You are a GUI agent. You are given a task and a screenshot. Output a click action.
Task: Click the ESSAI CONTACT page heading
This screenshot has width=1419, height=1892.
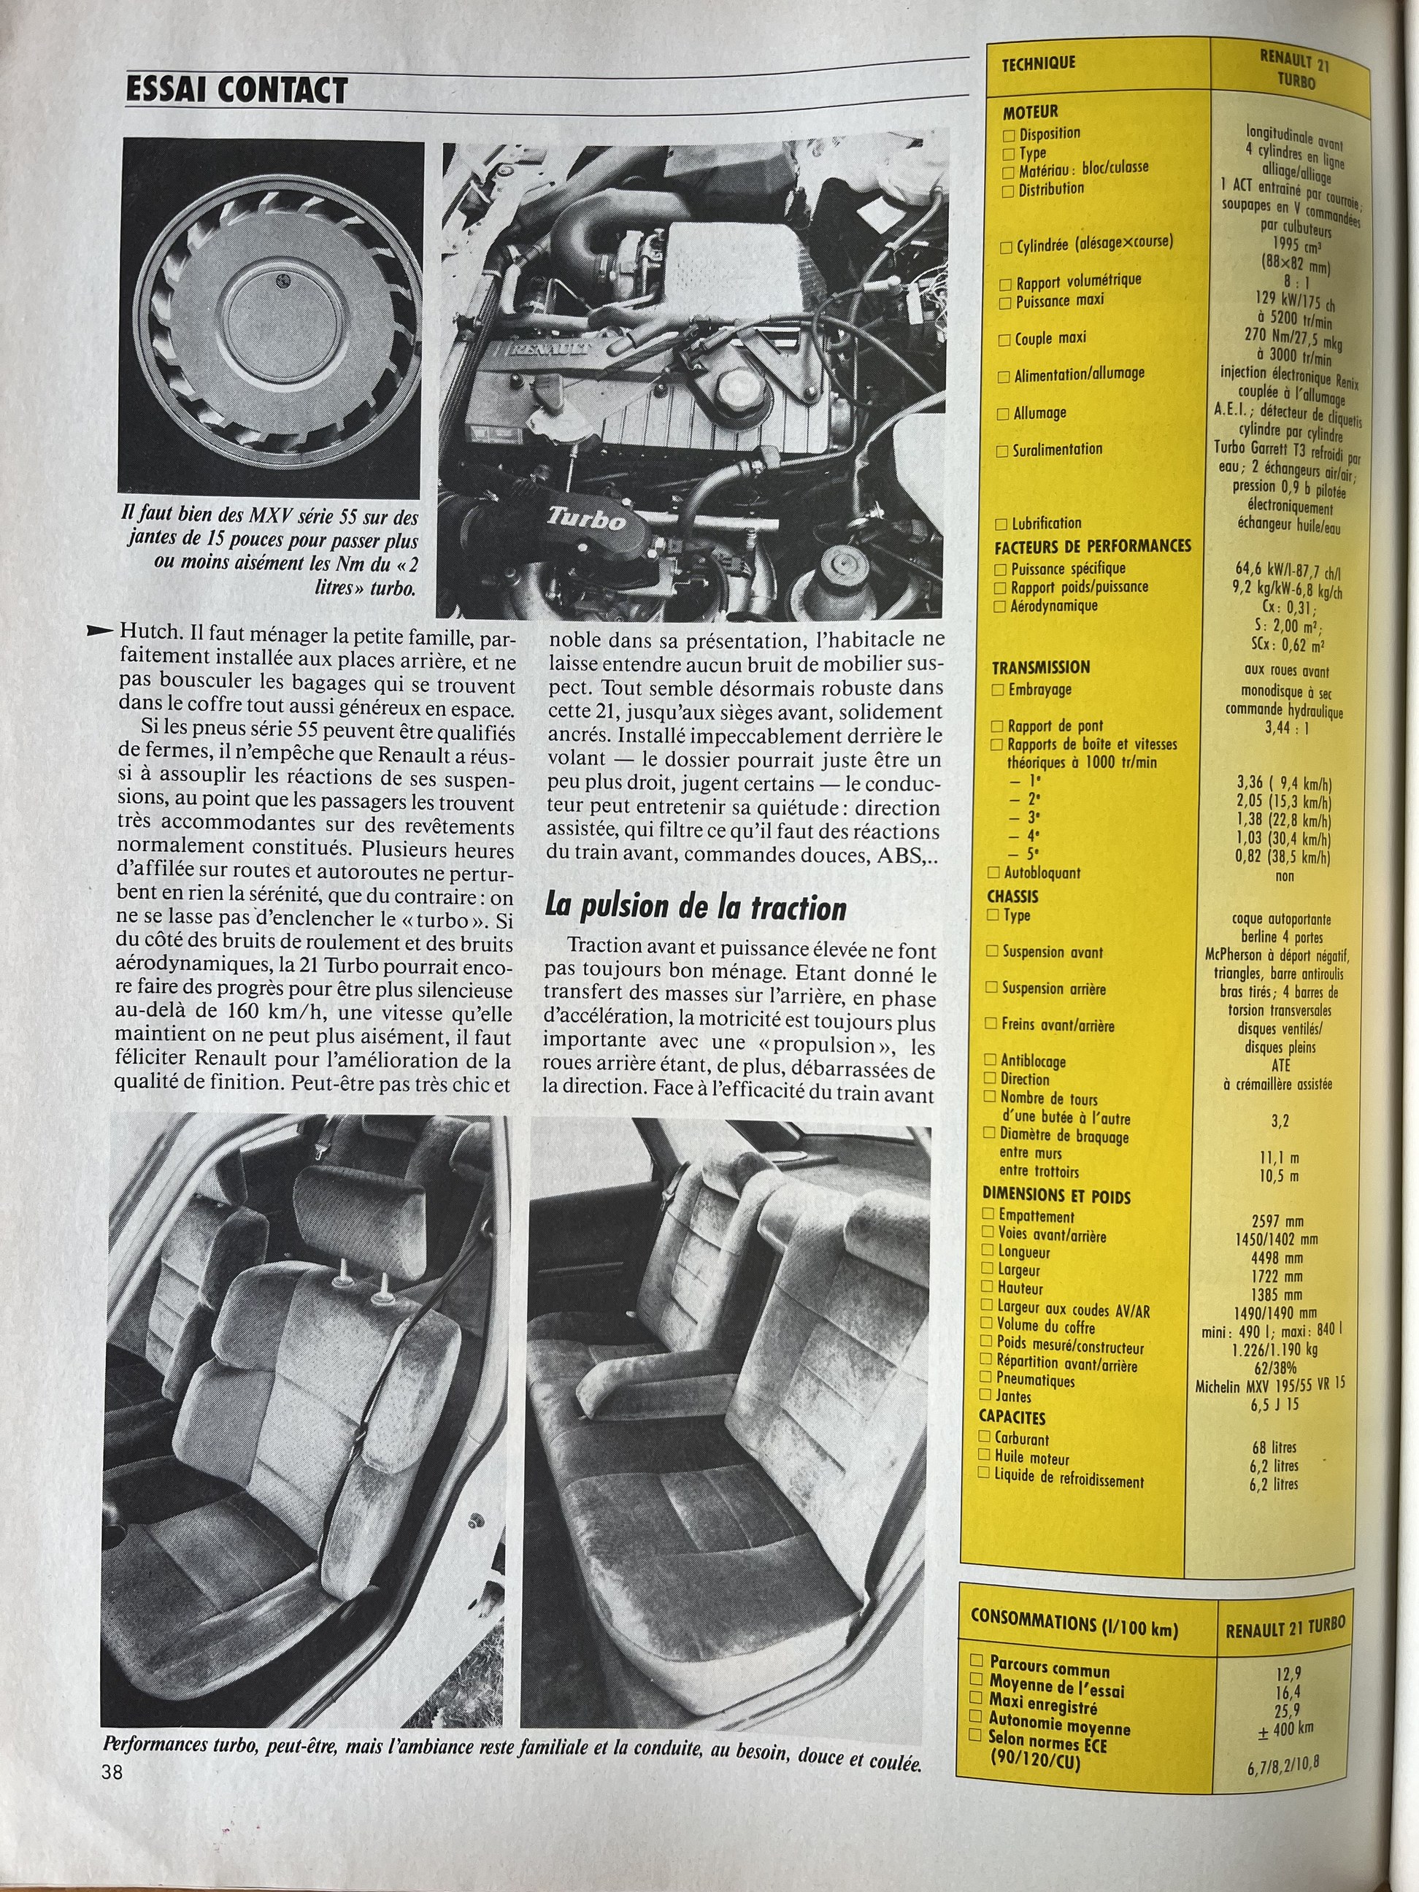pyautogui.click(x=236, y=90)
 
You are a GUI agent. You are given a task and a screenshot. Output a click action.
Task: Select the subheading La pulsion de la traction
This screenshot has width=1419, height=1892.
pyautogui.click(x=696, y=907)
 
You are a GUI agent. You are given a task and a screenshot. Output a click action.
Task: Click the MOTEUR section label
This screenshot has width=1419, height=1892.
pyautogui.click(x=1030, y=111)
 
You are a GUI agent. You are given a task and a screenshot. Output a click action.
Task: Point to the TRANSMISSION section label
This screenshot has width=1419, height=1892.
pyautogui.click(x=1040, y=667)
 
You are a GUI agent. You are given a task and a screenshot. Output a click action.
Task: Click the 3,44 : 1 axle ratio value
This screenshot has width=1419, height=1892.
pyautogui.click(x=1285, y=728)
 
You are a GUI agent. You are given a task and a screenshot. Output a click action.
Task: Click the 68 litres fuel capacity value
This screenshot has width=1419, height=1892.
pyautogui.click(x=1273, y=1447)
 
